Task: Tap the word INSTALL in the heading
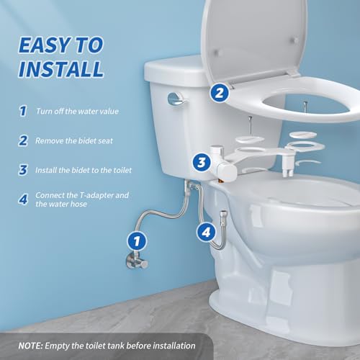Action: tap(61, 70)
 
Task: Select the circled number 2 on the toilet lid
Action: tap(220, 92)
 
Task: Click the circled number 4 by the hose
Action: tap(207, 233)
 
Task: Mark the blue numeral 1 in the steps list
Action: tap(22, 112)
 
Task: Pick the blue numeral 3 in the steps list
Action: tap(22, 171)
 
